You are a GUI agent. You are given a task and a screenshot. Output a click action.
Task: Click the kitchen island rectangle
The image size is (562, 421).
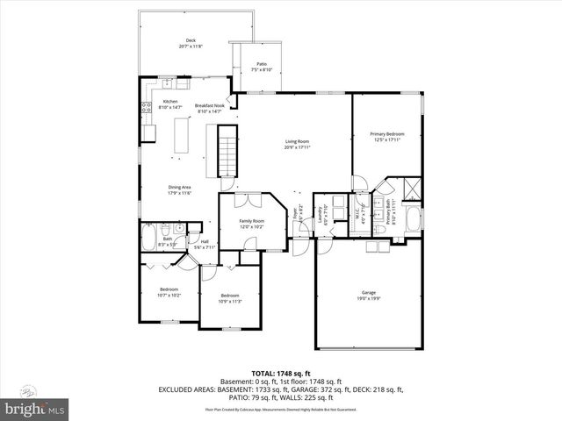point(184,137)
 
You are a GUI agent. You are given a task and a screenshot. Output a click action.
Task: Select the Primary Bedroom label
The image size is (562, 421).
point(386,136)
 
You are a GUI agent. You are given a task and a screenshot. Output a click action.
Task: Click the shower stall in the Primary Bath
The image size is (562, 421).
point(409,189)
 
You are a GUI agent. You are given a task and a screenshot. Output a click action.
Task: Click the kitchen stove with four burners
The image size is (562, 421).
point(144,110)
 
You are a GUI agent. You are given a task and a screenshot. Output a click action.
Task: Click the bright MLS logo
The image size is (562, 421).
point(35,409)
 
